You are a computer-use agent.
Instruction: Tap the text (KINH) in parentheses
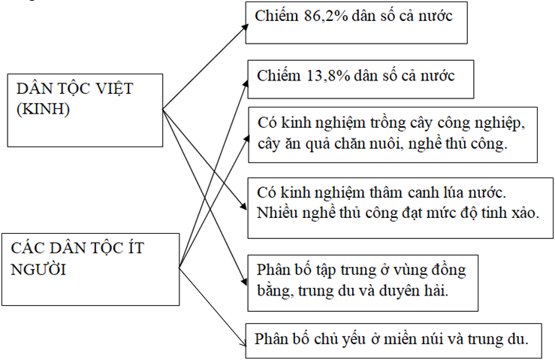(x=43, y=109)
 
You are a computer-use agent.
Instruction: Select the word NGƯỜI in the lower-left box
(x=38, y=270)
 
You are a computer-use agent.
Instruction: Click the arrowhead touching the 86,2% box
(x=246, y=28)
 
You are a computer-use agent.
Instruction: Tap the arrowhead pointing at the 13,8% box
(x=246, y=83)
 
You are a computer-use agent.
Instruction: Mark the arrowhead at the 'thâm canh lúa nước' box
(x=243, y=206)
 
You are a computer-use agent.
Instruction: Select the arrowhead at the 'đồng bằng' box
(x=244, y=281)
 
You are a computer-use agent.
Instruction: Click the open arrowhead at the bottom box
(x=243, y=343)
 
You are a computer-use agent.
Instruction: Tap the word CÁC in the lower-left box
(x=27, y=248)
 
